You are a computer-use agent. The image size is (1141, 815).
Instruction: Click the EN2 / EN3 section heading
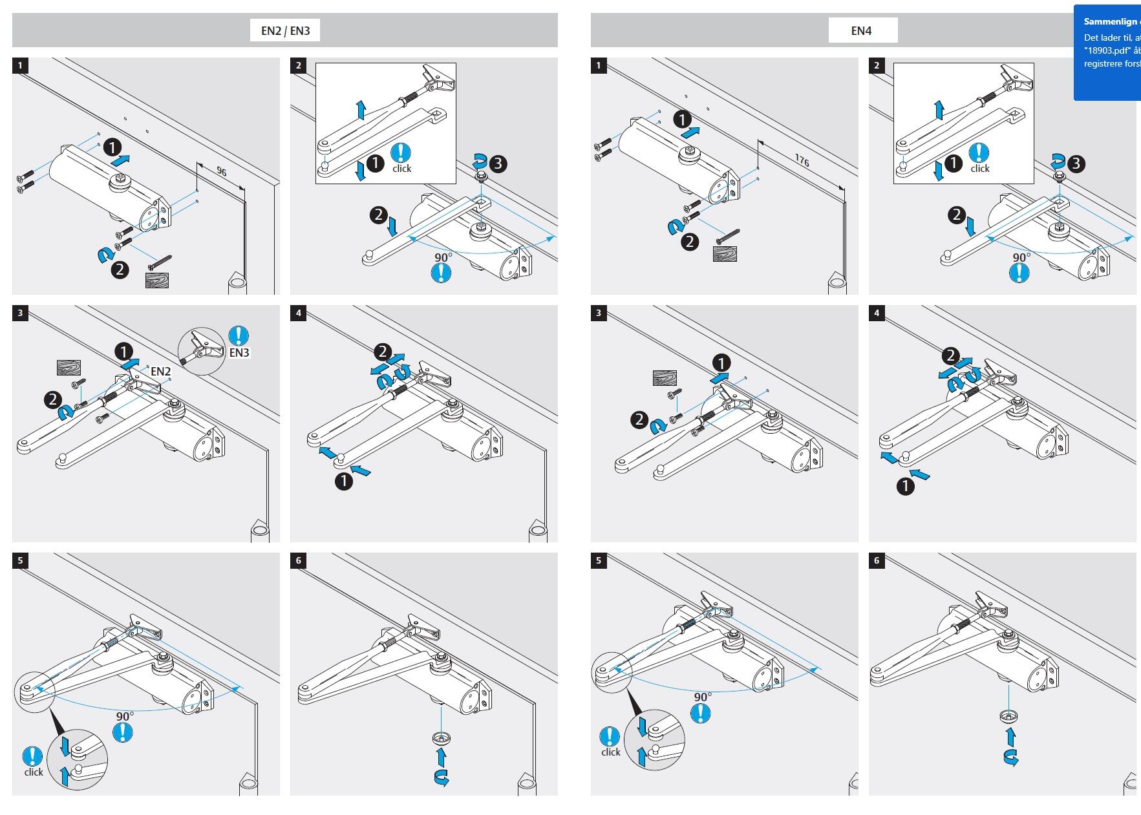point(285,30)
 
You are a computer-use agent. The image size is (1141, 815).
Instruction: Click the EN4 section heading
point(862,30)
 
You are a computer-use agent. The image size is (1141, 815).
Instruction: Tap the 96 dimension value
point(222,172)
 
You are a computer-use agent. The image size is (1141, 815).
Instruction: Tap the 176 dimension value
point(802,160)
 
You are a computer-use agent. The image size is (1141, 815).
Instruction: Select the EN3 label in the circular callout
point(239,353)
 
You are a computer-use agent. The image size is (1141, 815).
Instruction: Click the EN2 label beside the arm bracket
point(160,372)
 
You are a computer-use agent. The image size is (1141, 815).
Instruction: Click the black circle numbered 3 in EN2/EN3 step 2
point(498,164)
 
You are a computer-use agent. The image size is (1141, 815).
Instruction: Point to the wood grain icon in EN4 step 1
point(725,253)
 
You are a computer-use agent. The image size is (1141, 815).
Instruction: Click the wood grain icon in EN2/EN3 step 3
point(68,368)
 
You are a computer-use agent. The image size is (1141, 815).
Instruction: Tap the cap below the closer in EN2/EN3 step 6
point(441,738)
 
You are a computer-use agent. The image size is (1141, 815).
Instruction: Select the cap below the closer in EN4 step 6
point(1008,715)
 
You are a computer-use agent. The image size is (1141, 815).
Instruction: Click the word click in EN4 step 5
point(611,752)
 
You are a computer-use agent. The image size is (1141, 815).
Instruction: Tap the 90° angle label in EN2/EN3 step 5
point(125,717)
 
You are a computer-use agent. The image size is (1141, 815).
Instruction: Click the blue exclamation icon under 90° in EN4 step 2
point(1019,273)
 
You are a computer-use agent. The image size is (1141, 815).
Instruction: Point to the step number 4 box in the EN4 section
point(877,313)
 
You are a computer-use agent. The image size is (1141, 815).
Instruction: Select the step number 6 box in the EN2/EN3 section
point(298,560)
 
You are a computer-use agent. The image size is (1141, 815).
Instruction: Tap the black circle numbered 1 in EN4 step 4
point(906,486)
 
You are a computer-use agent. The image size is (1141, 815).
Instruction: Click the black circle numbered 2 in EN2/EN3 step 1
point(120,270)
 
